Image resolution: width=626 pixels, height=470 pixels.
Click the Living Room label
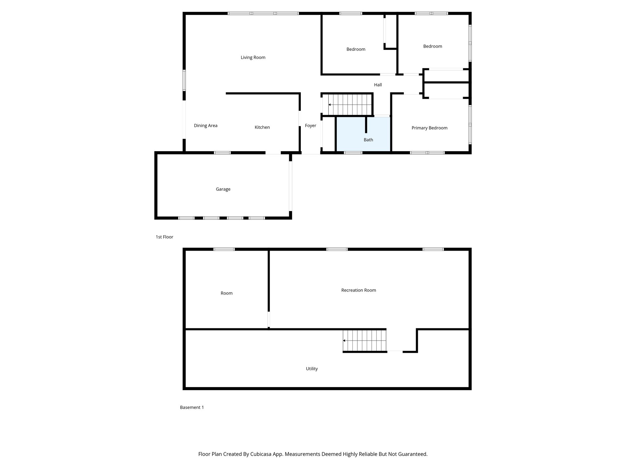coord(253,58)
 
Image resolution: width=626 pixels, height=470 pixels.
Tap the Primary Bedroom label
coord(429,128)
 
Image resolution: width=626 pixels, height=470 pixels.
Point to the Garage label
coord(223,189)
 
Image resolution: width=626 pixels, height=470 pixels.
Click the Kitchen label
coord(262,127)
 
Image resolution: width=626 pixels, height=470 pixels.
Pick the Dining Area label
coord(205,125)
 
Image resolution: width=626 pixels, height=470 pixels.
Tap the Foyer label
coord(310,125)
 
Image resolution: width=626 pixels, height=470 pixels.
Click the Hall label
coord(378,85)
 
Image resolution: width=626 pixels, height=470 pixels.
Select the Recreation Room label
coord(358,290)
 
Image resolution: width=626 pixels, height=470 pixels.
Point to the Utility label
coord(311,369)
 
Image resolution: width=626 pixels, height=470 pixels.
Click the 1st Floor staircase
coord(348,105)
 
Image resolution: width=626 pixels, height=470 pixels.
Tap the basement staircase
coord(364,341)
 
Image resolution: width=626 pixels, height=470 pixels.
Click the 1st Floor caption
coord(164,237)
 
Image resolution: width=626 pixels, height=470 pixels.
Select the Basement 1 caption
coord(192,407)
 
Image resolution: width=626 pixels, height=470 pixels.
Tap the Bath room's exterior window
coord(353,152)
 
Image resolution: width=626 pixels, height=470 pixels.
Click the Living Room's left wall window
coord(184,80)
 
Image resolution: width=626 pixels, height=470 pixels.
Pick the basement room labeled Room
coord(226,293)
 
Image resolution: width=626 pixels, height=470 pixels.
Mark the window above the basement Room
coord(224,249)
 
